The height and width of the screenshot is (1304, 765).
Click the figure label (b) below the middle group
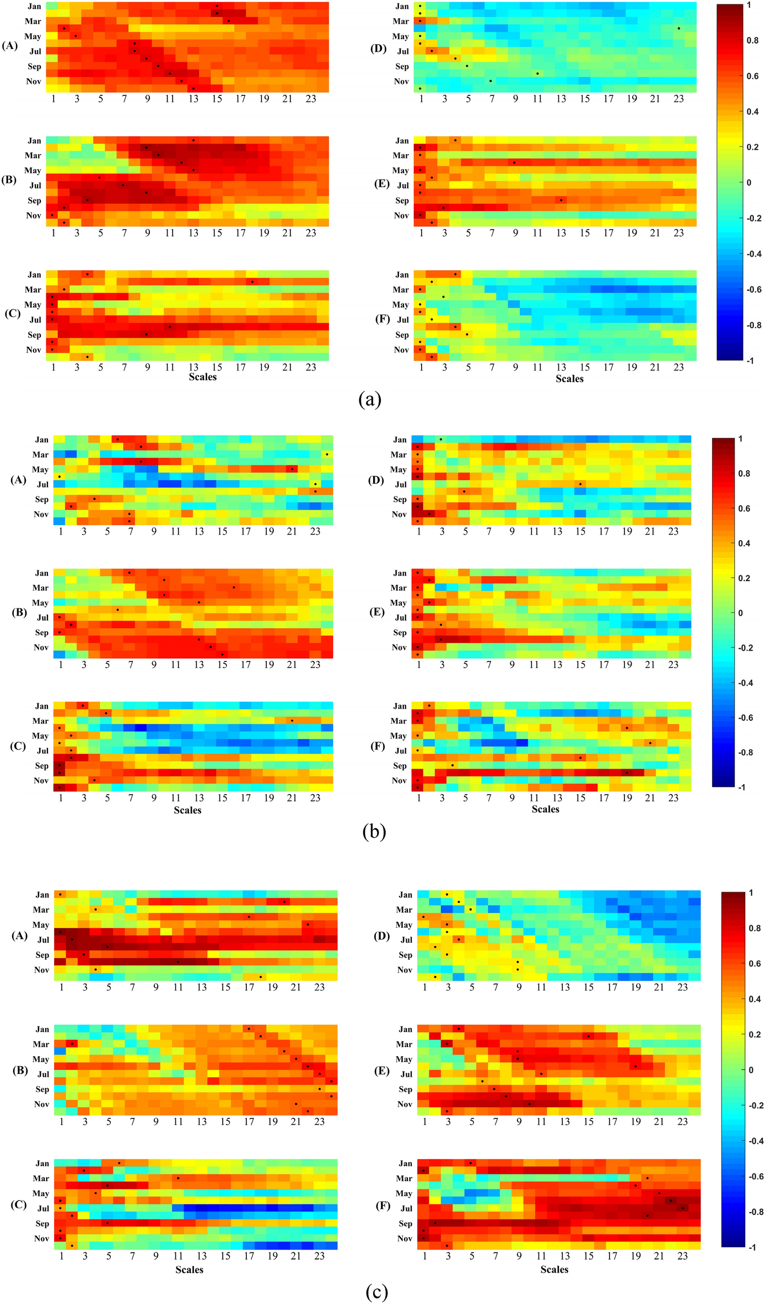pos(374,831)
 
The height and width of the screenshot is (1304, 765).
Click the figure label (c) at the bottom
pos(376,1291)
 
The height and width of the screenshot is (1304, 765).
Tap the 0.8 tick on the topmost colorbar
pos(752,41)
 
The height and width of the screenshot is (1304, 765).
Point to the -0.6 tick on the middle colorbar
pos(745,718)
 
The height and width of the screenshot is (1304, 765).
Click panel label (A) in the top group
pos(10,46)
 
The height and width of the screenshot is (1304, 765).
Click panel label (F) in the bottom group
pos(382,1205)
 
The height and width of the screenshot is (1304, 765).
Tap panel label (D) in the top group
pos(378,48)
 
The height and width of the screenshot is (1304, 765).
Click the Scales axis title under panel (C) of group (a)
pos(202,377)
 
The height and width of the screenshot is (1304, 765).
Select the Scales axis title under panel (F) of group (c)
pos(554,1269)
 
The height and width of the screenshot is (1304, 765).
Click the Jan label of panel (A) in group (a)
pos(34,7)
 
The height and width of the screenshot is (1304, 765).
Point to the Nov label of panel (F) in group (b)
pos(399,780)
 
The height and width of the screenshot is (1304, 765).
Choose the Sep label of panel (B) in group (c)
pos(42,1089)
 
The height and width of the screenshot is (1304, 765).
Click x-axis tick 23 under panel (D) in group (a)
pos(678,99)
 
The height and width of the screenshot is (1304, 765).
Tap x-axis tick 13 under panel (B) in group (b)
pos(198,665)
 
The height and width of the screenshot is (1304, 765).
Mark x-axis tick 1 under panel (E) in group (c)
pos(424,1122)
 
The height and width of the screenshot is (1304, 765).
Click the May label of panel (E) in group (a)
pos(401,171)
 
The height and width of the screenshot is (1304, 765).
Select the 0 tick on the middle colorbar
pos(740,613)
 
